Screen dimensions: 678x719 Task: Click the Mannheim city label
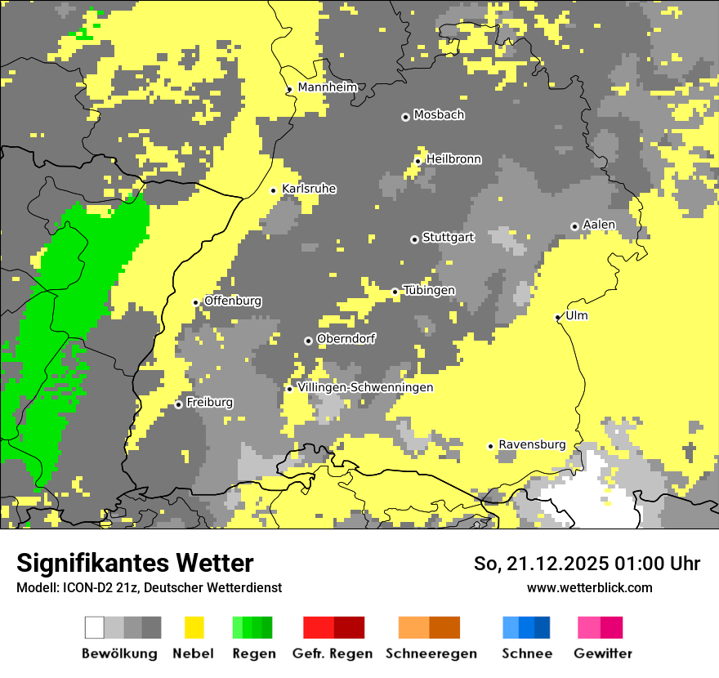click(x=327, y=87)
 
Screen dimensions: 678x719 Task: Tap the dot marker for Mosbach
click(x=405, y=117)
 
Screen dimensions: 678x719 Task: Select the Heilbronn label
click(x=453, y=159)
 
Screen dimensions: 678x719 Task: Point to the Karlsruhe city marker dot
click(x=274, y=190)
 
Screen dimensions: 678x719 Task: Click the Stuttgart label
click(x=448, y=238)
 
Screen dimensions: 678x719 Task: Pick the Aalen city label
click(x=599, y=225)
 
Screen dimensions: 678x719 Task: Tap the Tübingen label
click(x=429, y=291)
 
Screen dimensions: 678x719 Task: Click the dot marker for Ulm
click(x=558, y=317)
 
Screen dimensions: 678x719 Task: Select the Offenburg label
click(x=233, y=301)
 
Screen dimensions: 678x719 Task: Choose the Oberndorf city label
click(x=346, y=339)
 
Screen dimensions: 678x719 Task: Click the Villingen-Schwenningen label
click(x=365, y=387)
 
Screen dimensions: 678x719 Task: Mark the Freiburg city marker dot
click(x=178, y=404)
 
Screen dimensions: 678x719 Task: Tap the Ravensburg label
click(x=532, y=444)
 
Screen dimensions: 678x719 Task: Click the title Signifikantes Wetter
click(x=135, y=564)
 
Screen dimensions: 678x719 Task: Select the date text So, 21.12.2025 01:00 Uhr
click(x=587, y=564)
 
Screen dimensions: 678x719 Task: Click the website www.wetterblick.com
click(x=589, y=587)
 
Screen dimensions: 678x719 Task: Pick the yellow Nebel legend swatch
click(x=194, y=627)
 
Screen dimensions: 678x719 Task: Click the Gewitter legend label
click(x=602, y=653)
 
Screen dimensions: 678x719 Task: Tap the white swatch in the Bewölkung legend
click(x=95, y=627)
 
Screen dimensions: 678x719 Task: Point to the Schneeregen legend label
click(x=431, y=653)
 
